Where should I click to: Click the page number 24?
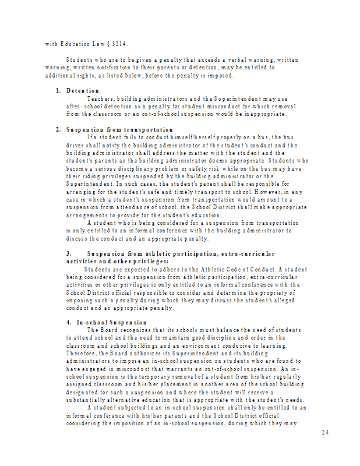(326, 432)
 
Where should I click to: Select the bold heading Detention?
(82, 91)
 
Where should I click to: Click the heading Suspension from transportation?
(119, 129)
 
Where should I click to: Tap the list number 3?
(68, 254)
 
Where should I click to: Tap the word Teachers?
(100, 99)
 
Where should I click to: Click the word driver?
(77, 145)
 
